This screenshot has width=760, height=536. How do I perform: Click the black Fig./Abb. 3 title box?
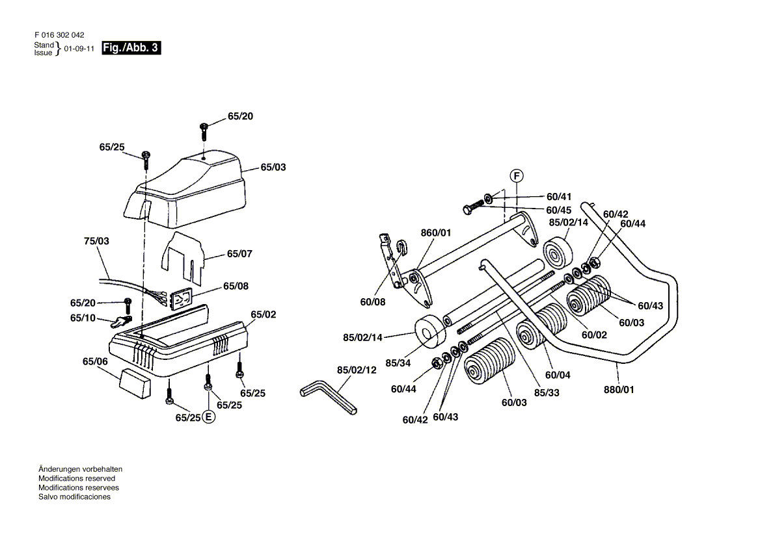point(131,48)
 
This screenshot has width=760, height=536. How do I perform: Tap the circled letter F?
point(517,175)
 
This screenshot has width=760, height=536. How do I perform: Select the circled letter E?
point(208,416)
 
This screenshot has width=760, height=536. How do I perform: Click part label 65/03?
point(273,168)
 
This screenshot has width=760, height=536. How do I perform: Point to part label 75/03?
point(96,241)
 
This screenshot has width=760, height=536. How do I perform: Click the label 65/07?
point(239,253)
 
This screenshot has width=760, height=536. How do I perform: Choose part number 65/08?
point(236,287)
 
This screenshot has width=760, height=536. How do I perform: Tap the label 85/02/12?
point(357,370)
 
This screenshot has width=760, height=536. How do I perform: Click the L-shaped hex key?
point(328,398)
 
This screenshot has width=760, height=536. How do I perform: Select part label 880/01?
point(619,389)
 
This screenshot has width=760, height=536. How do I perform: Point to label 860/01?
point(436,233)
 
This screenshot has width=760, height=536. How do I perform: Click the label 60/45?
point(559,211)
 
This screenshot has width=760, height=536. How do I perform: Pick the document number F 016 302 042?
point(59,35)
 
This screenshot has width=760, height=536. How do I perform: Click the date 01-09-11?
point(79,49)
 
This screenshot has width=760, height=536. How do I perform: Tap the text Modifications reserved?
point(77,478)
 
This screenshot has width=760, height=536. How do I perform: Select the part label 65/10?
point(83,318)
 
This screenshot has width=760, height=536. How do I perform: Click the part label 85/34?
point(398,363)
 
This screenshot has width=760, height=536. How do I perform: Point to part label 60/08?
point(373,302)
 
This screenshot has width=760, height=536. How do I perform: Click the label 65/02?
point(263,314)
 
